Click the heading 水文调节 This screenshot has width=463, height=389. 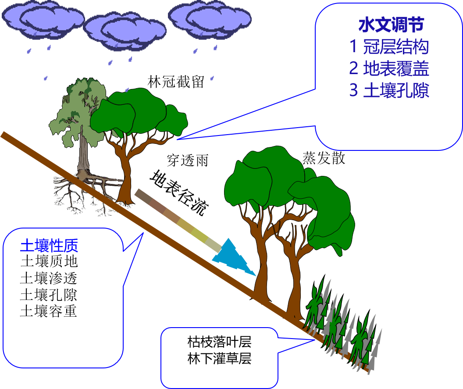point(391,25)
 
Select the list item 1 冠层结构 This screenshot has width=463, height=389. point(389,47)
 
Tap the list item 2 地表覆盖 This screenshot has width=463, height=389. point(389,68)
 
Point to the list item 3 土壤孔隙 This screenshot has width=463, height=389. point(389,90)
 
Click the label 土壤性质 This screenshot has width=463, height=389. point(49,246)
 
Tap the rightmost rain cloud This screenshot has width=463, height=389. point(210,18)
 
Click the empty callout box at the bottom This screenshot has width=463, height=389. point(219,357)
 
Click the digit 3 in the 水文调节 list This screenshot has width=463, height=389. point(353,90)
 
